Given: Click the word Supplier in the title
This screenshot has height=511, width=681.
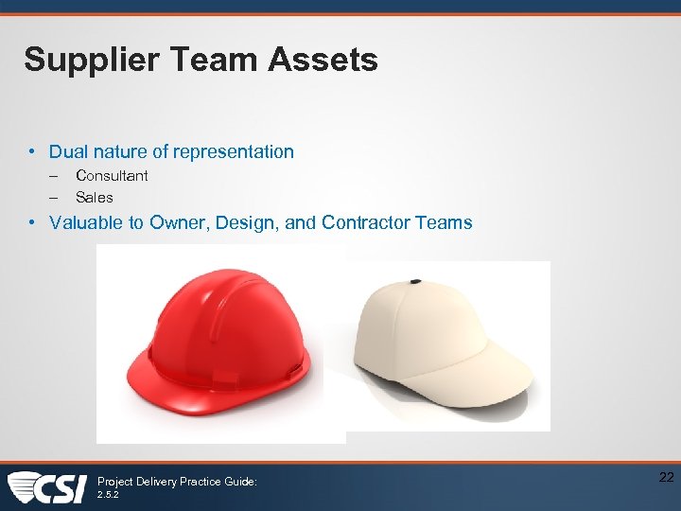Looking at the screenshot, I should [83, 61].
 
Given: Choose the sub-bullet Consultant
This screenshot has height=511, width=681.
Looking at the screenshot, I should [112, 175].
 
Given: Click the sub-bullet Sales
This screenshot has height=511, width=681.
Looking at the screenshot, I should [94, 198].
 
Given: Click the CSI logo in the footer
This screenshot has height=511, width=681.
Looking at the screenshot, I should [47, 487].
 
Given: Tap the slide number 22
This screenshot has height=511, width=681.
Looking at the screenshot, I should [666, 477].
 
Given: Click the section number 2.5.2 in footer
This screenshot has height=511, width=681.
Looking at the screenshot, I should [109, 494].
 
